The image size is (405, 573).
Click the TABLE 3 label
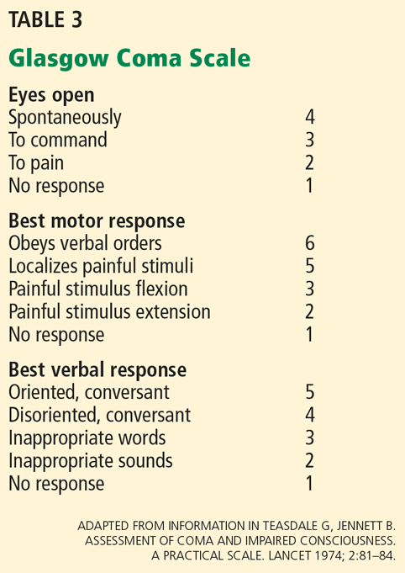click(45, 19)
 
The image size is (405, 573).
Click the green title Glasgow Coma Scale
click(129, 58)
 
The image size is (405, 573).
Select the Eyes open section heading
click(51, 95)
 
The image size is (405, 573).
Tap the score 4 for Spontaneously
click(310, 117)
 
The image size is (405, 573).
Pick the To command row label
click(58, 140)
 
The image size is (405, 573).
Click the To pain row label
click(36, 163)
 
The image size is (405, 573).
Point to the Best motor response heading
click(97, 221)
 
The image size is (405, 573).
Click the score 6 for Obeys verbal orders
click(310, 243)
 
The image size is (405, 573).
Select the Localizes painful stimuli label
click(101, 266)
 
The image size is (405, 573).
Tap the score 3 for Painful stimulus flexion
click(310, 289)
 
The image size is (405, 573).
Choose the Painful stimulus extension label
click(109, 311)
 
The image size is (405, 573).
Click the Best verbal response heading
click(97, 370)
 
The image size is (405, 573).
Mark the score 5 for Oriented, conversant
click(310, 392)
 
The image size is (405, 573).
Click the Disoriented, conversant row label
click(100, 415)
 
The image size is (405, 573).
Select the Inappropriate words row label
click(87, 438)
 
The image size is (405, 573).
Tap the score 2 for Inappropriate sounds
click(310, 460)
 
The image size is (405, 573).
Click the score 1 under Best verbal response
click(310, 483)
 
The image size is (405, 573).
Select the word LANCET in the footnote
click(289, 556)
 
